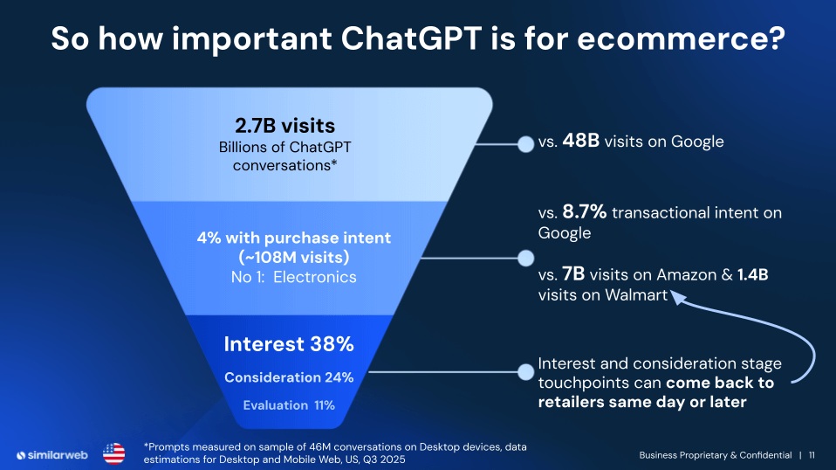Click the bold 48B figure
580,142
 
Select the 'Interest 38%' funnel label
288,344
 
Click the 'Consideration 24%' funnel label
288,377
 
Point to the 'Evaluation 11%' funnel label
288,405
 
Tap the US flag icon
114,453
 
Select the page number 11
812,455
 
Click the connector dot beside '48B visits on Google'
525,143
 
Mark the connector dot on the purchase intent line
525,258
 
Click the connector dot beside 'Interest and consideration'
525,372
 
